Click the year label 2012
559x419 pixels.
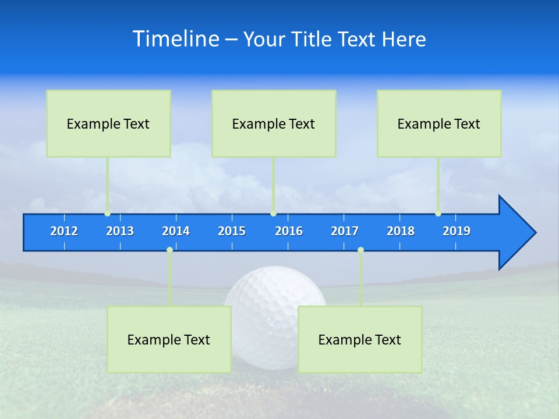click(64, 231)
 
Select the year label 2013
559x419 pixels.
click(120, 231)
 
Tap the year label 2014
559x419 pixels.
click(176, 231)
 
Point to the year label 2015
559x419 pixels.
click(232, 231)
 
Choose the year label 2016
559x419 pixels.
click(289, 231)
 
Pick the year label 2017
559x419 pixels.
click(345, 231)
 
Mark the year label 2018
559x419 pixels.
click(401, 231)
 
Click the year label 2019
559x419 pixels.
click(457, 231)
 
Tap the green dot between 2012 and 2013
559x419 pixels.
click(107, 214)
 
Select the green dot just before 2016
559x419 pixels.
click(273, 214)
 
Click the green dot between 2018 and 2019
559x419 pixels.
click(438, 214)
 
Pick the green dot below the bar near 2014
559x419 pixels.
click(169, 250)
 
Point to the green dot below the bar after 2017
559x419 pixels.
click(360, 250)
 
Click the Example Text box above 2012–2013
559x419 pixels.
click(108, 123)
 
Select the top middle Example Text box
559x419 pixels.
click(274, 123)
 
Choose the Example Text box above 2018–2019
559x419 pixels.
click(439, 123)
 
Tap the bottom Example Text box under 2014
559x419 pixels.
click(169, 339)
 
